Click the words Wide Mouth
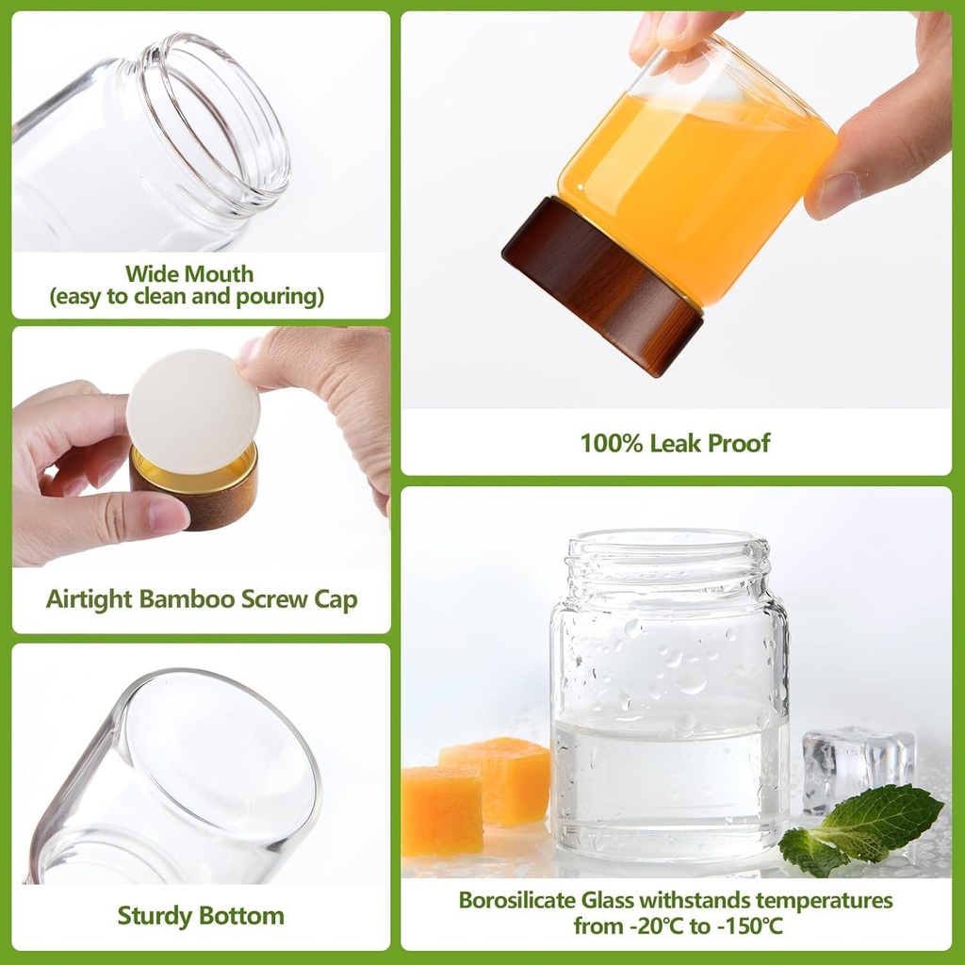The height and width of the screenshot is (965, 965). pyautogui.click(x=189, y=274)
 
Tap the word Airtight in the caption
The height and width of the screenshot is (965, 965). pyautogui.click(x=89, y=599)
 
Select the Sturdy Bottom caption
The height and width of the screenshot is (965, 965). pyautogui.click(x=201, y=915)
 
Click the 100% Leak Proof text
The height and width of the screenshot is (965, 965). pyautogui.click(x=675, y=442)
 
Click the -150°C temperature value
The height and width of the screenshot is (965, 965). pyautogui.click(x=749, y=925)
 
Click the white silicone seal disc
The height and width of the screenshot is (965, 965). pyautogui.click(x=192, y=411)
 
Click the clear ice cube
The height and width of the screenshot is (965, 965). pyautogui.click(x=858, y=763)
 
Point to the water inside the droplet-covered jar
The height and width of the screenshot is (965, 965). pyautogui.click(x=669, y=773)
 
